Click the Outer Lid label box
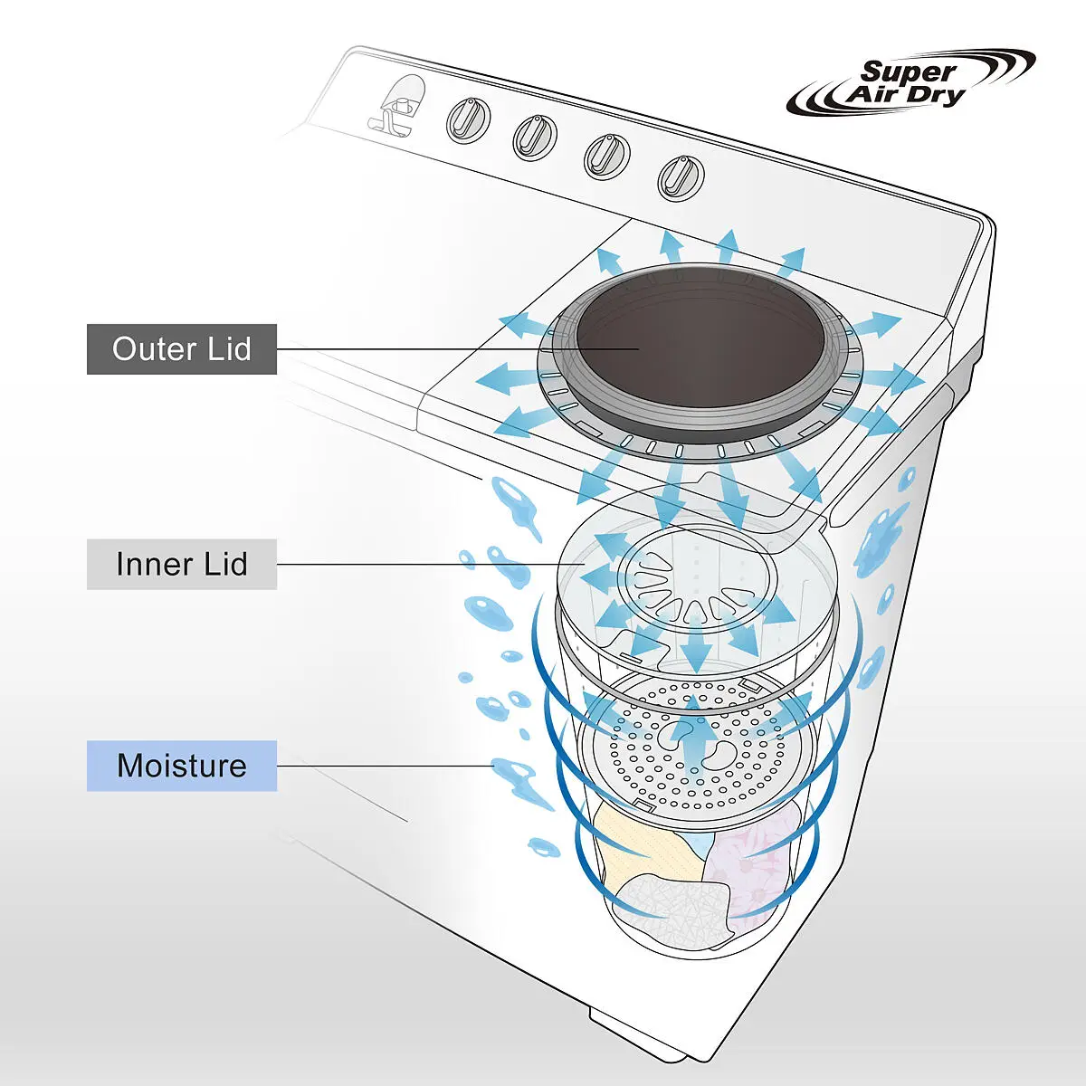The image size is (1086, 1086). (x=181, y=349)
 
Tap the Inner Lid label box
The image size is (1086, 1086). (x=181, y=564)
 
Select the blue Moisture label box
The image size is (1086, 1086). (x=181, y=766)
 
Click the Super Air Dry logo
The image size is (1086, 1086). (x=910, y=83)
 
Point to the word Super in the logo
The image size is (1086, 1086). (x=908, y=71)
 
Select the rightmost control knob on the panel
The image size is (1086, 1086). (x=681, y=176)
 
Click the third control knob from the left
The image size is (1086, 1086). (x=606, y=155)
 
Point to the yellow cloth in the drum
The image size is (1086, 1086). (x=643, y=846)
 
